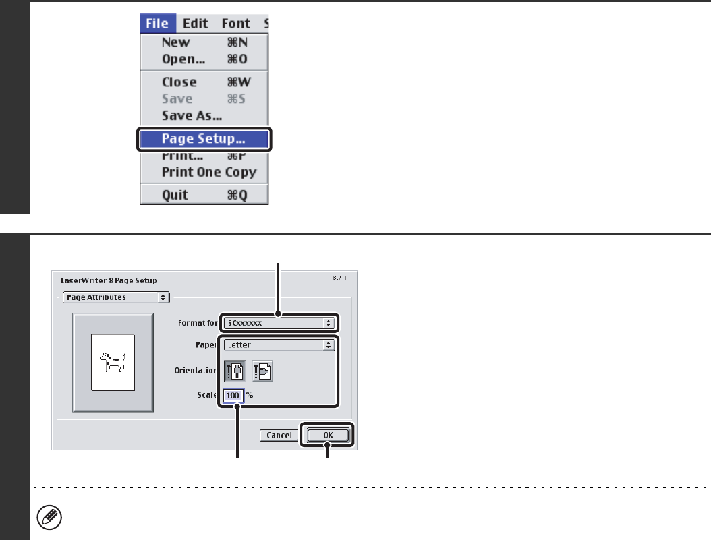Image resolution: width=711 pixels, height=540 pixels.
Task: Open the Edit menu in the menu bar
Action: (196, 24)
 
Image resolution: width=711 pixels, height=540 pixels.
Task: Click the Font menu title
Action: (236, 24)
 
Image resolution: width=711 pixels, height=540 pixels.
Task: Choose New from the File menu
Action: (175, 42)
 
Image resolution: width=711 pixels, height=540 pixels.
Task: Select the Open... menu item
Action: (184, 59)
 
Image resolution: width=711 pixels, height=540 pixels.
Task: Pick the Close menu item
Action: (179, 82)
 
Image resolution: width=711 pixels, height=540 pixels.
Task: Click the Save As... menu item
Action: (192, 115)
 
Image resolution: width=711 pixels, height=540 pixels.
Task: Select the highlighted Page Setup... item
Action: (203, 140)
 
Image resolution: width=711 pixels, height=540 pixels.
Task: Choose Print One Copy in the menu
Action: (209, 172)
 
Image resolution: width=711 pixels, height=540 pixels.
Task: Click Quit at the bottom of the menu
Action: (175, 196)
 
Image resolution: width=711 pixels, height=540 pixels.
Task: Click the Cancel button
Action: (279, 436)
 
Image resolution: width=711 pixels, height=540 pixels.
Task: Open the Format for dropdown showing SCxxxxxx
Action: (279, 323)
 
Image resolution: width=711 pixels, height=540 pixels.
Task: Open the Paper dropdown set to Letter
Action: (279, 344)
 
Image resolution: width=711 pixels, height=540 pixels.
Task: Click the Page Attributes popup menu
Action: (114, 297)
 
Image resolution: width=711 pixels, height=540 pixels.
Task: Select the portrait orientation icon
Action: (235, 371)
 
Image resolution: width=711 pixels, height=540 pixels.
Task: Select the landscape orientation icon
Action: (262, 371)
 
